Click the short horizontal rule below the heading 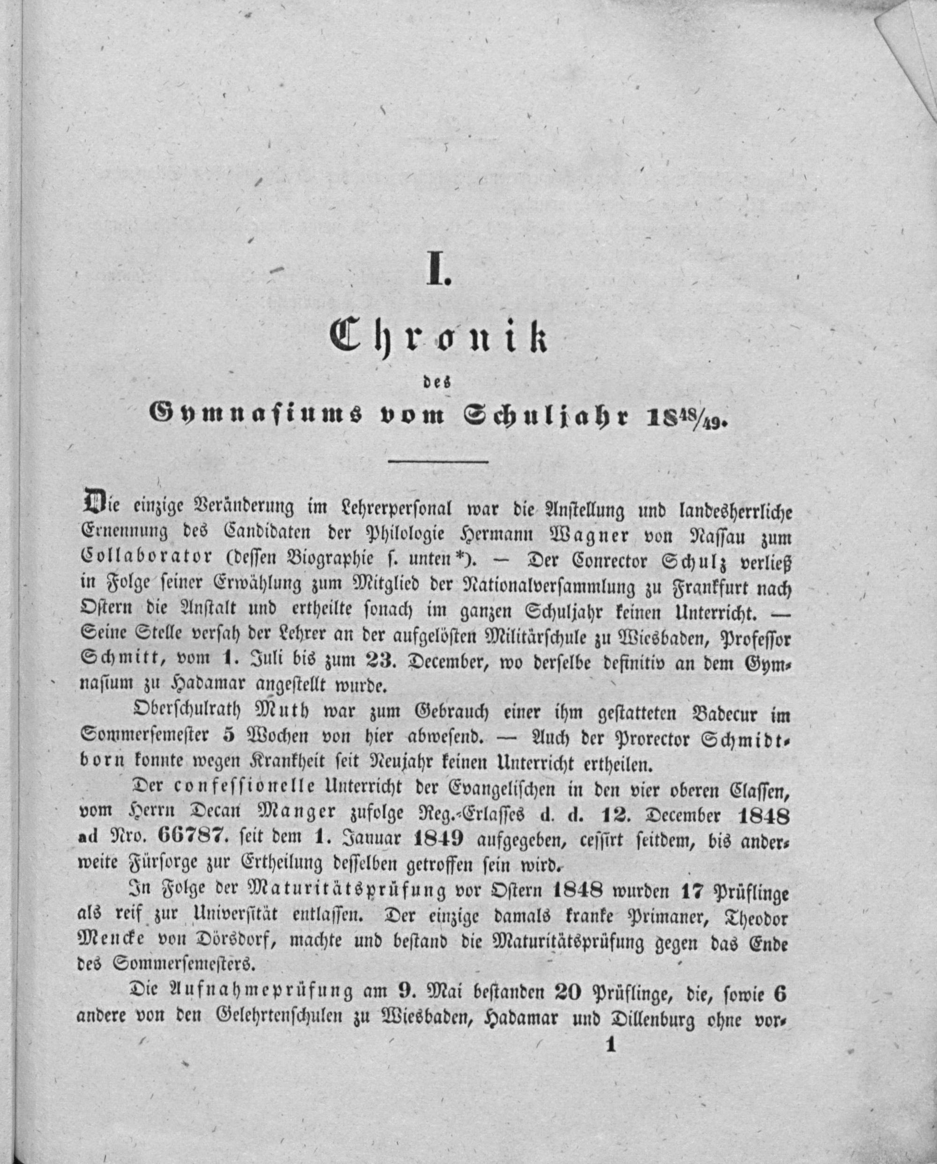(438, 462)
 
